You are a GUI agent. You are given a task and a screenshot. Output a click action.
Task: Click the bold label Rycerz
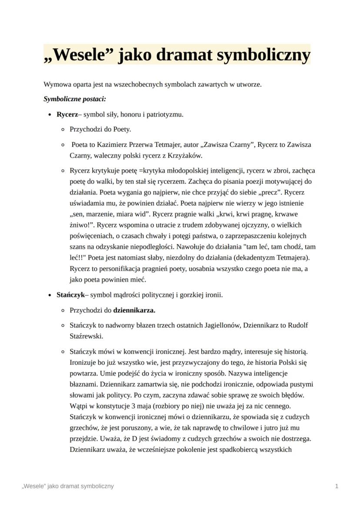coord(67,114)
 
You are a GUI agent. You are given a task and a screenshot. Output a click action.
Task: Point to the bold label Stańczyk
coord(70,295)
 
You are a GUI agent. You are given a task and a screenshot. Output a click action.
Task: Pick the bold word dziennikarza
coord(134,310)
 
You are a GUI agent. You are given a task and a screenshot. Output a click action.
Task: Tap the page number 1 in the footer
coord(337,486)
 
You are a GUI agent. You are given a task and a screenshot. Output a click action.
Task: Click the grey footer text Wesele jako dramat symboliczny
coord(68,486)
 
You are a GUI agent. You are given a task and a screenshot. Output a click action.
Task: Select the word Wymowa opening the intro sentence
coord(56,84)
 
